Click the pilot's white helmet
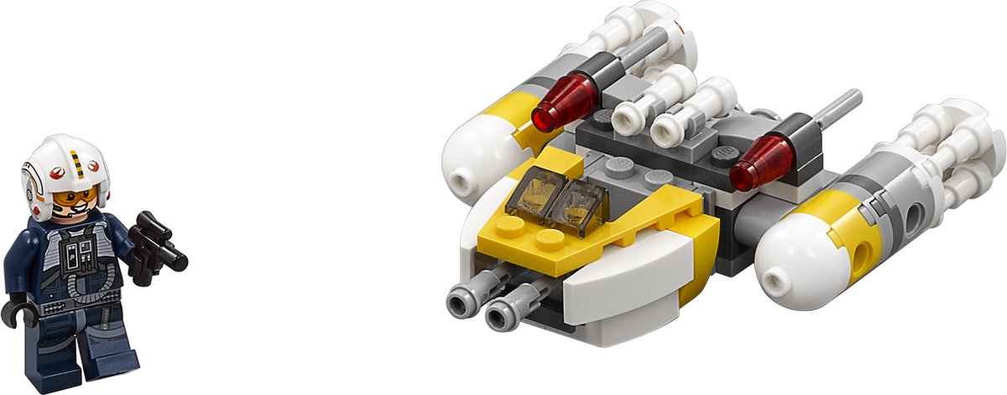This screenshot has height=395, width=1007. (x=63, y=159)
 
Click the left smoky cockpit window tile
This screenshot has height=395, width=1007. (x=534, y=194)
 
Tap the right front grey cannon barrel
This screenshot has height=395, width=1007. (x=505, y=312)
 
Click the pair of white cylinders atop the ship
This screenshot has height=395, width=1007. (x=671, y=109)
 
